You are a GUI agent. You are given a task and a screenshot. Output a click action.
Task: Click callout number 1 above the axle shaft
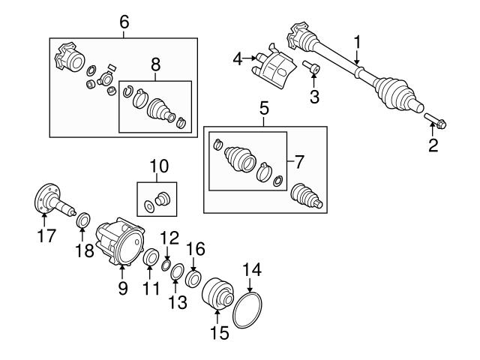click(358, 40)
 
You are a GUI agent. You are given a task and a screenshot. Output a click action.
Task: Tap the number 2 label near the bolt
click(433, 145)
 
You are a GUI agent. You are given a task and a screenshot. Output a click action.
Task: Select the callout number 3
click(315, 97)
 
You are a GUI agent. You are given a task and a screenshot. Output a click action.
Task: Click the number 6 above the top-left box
click(124, 22)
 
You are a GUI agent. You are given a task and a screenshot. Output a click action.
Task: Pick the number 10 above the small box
click(159, 165)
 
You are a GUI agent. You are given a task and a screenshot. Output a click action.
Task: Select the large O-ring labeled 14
click(247, 310)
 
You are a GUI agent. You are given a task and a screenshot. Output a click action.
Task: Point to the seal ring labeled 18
click(83, 222)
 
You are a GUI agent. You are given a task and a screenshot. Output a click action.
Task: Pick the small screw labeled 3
click(313, 71)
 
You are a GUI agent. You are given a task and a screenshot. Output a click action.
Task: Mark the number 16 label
click(195, 247)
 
